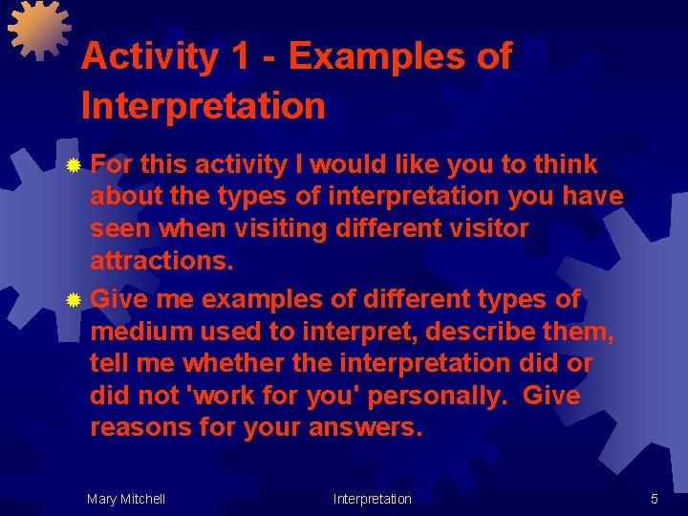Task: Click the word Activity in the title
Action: [149, 57]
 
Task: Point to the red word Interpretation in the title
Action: [204, 105]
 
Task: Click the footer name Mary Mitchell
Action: [125, 499]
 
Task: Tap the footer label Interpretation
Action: [372, 499]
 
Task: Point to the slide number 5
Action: [654, 499]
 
